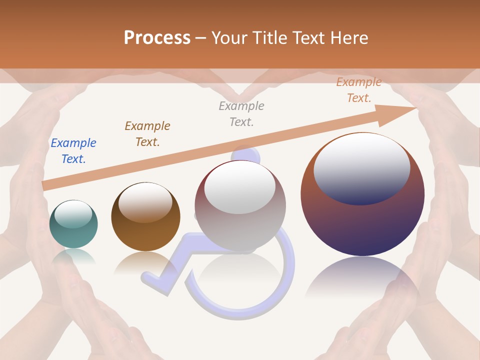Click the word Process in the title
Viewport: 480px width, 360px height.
pos(157,38)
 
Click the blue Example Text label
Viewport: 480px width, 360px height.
pos(73,151)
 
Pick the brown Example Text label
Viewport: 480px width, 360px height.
pos(147,134)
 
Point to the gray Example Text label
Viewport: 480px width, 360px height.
pos(241,113)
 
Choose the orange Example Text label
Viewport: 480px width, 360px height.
pos(358,90)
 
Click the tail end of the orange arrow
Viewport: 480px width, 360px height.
pos(45,185)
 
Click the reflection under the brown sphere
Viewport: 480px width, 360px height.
pos(145,262)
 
